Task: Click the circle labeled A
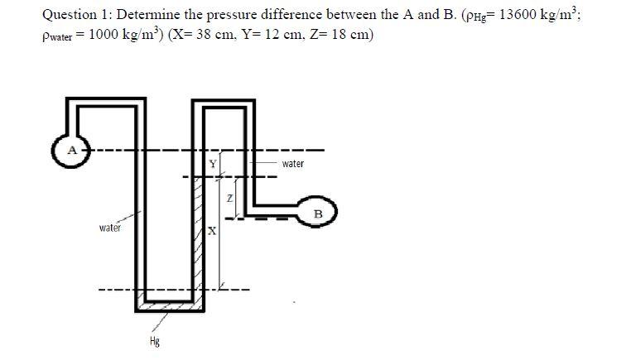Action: tap(71, 151)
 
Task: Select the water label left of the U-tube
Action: tap(110, 227)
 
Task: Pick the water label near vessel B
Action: tap(292, 164)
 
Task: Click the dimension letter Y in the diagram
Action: tap(213, 164)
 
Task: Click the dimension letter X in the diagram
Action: tap(212, 233)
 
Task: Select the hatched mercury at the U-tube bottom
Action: tap(170, 305)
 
